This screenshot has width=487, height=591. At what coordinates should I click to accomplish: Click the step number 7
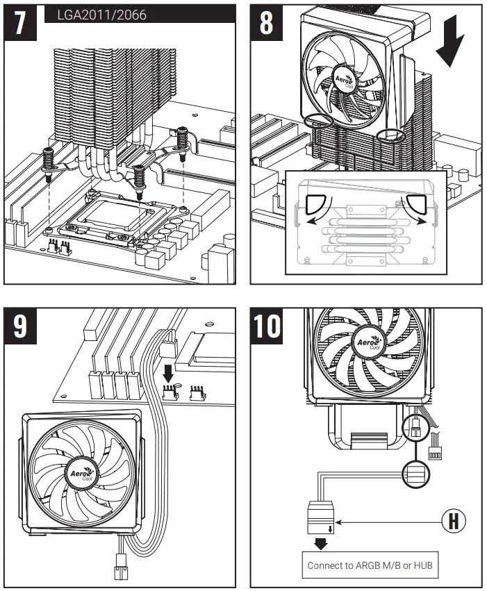[21, 24]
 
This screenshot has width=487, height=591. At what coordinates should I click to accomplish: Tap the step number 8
[267, 24]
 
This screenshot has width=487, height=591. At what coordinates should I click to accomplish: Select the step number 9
[21, 326]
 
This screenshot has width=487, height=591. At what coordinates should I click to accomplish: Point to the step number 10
[267, 326]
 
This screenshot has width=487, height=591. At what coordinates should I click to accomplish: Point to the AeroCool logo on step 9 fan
[78, 474]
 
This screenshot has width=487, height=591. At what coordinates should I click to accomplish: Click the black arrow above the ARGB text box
[321, 543]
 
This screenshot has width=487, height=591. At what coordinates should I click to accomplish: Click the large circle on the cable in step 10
[415, 475]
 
